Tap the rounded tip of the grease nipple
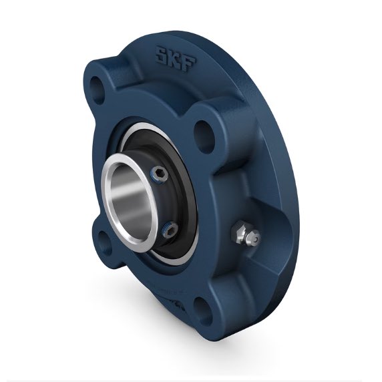click(255, 239)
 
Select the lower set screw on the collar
click(169, 231)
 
